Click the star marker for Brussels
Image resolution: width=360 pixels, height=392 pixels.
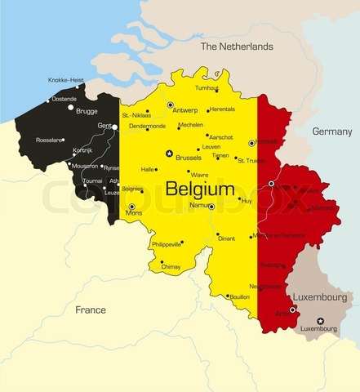(x=169, y=154)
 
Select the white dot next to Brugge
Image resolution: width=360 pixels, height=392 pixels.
(x=71, y=108)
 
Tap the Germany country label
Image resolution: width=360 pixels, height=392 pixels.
(x=331, y=131)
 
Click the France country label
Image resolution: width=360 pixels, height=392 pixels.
(x=90, y=310)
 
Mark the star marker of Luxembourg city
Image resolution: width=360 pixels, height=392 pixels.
(x=320, y=320)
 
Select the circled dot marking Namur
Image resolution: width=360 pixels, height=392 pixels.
(x=211, y=207)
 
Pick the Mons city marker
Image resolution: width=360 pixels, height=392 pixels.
(x=131, y=207)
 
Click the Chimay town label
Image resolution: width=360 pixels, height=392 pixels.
(x=171, y=266)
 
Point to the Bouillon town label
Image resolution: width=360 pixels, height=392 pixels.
(x=239, y=296)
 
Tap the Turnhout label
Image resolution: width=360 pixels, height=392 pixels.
(x=207, y=88)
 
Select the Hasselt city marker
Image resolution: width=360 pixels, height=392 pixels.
(x=251, y=143)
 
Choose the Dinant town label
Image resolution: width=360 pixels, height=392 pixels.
(x=225, y=238)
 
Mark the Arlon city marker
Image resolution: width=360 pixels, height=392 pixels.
(x=292, y=310)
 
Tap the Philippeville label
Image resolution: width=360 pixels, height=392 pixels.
(x=165, y=244)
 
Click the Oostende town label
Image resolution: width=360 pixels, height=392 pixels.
(x=64, y=99)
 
